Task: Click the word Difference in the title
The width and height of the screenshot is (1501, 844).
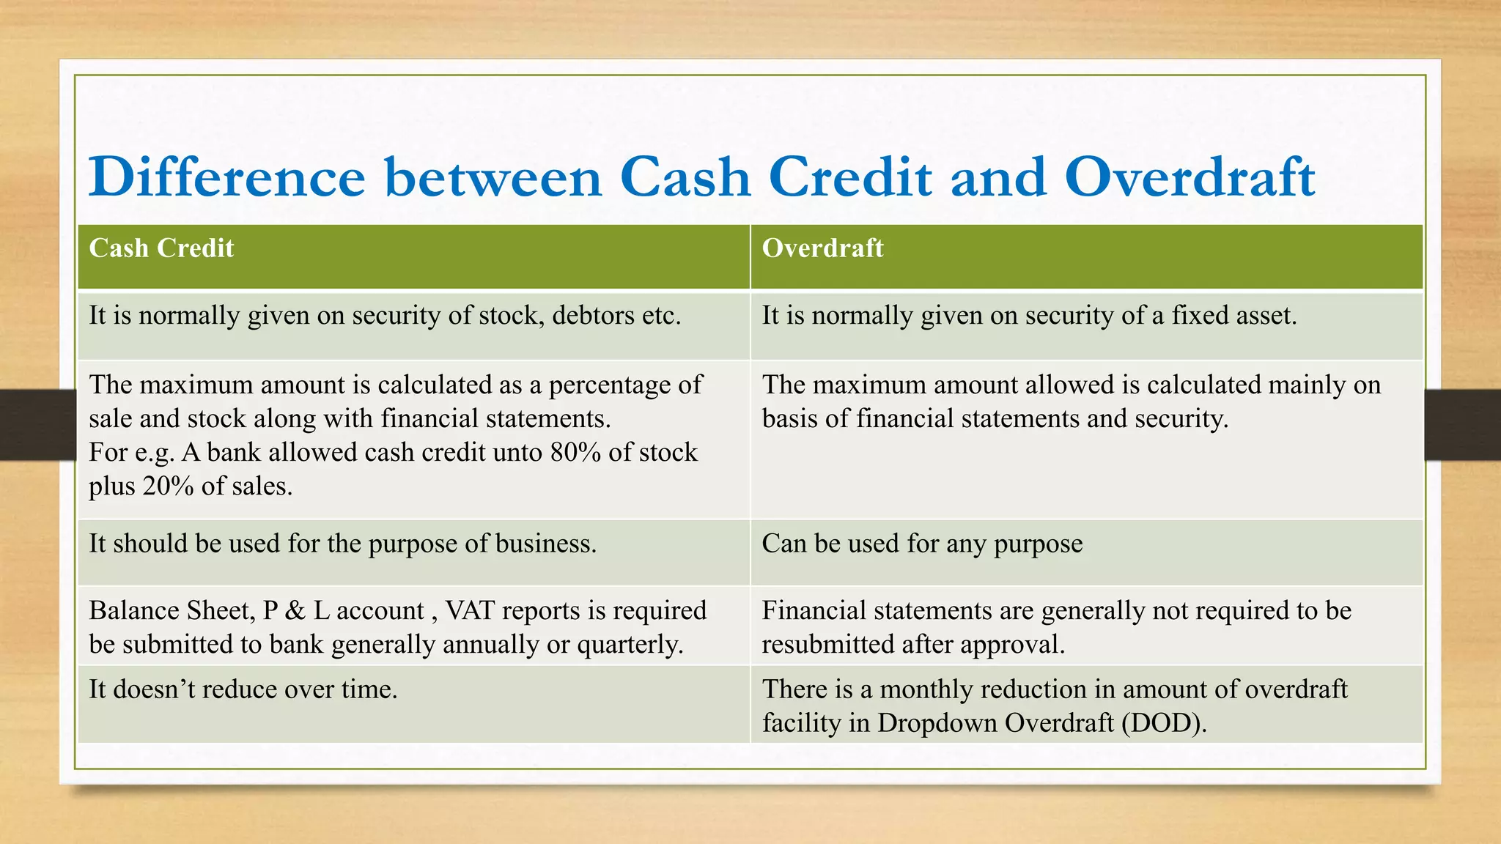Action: click(x=226, y=177)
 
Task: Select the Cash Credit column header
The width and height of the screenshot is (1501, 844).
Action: click(x=161, y=248)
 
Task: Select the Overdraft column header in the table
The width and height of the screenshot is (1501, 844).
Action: click(x=822, y=248)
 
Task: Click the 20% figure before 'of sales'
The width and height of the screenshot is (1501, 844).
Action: click(x=168, y=486)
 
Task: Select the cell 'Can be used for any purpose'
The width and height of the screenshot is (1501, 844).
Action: click(x=921, y=544)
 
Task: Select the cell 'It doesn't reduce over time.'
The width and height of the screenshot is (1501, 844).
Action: click(x=243, y=689)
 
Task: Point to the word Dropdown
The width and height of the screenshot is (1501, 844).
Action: click(x=937, y=723)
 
